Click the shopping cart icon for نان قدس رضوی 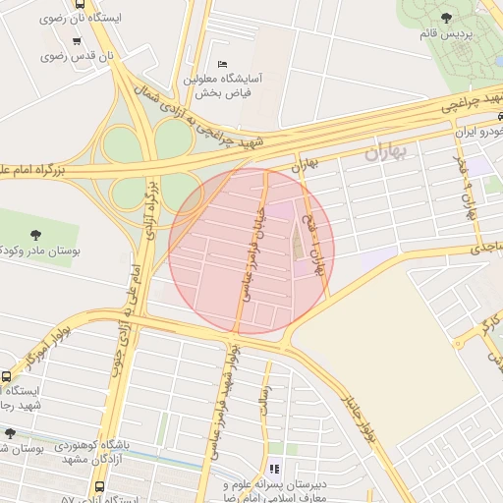pos(77,41)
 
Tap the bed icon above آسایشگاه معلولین pos(221,65)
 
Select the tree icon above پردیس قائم pos(448,17)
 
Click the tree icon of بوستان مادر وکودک pos(36,235)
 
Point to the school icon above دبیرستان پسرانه pos(274,470)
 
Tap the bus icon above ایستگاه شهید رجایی pos(7,377)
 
